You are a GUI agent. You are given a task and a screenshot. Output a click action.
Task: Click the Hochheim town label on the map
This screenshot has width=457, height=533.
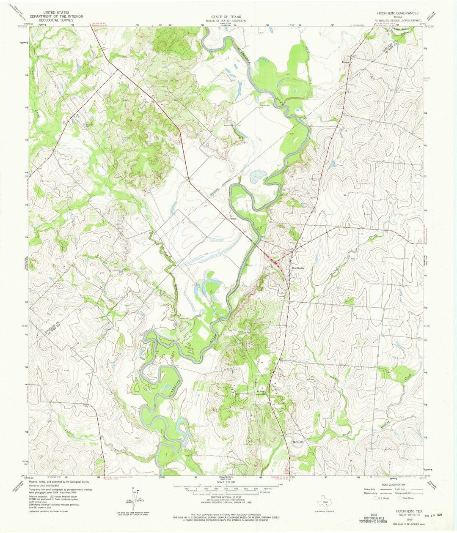(x=298, y=268)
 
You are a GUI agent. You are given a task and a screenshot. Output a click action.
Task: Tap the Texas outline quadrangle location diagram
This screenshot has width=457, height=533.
(x=325, y=502)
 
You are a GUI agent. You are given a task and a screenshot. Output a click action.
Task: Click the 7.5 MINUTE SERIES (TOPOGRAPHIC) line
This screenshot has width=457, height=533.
(x=396, y=20)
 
